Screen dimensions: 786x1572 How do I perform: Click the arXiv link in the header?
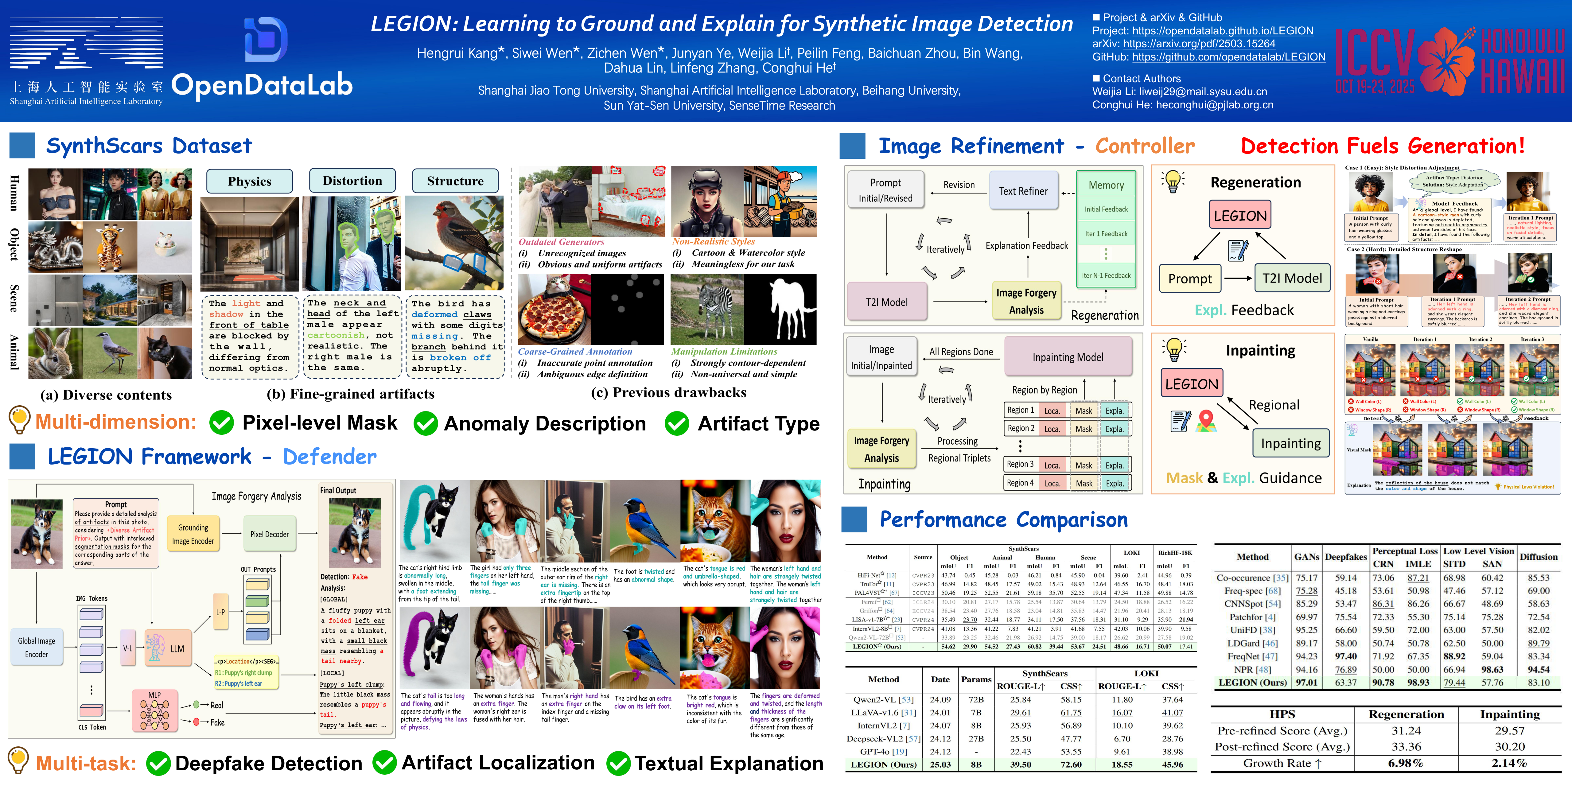pyautogui.click(x=1199, y=44)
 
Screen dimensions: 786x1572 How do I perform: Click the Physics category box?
pyautogui.click(x=250, y=181)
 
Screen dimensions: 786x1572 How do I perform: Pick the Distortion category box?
pyautogui.click(x=352, y=181)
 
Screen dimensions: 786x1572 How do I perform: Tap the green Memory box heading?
pyautogui.click(x=1106, y=185)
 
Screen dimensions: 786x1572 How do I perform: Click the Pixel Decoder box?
pyautogui.click(x=269, y=534)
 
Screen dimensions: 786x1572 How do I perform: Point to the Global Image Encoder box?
pyautogui.click(x=37, y=648)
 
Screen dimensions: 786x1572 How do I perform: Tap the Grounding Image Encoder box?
pyautogui.click(x=193, y=534)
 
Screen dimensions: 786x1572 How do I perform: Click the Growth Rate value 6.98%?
pyautogui.click(x=1405, y=763)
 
